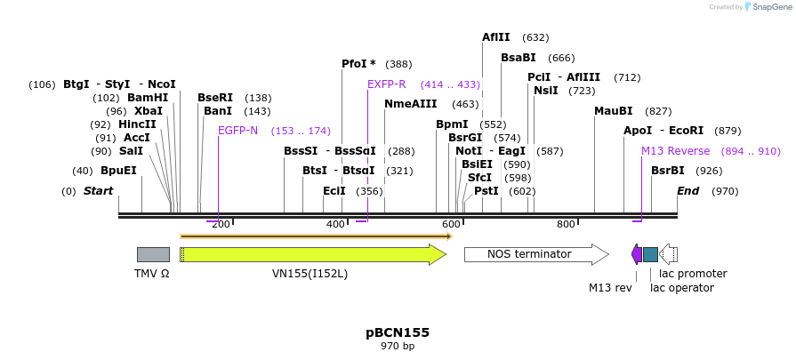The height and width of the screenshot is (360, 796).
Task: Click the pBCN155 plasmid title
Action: point(398,332)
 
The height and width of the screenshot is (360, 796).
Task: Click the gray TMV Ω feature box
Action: point(153,255)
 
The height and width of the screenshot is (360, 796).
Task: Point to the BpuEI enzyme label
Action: point(118,171)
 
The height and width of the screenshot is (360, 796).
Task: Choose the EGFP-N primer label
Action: point(237,131)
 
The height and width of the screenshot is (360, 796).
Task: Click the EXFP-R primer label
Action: point(386,84)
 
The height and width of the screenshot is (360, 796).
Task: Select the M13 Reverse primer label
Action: point(675,151)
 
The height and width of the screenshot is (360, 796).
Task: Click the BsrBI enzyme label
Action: point(668,171)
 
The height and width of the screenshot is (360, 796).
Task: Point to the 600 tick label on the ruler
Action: point(451,224)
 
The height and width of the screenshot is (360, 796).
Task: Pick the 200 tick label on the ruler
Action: point(221,224)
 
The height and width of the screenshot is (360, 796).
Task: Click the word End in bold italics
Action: point(687,191)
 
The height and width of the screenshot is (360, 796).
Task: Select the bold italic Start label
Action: point(98,191)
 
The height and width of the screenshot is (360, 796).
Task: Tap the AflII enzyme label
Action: point(495,37)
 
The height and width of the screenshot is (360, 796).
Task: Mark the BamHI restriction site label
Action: point(147,98)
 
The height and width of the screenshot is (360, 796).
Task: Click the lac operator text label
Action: point(681,288)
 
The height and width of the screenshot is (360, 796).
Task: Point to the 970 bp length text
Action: point(398,346)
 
